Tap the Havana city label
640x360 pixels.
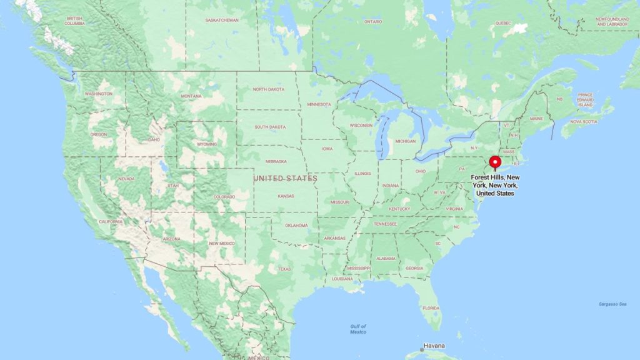pos(434,346)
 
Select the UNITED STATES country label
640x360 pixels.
pos(285,179)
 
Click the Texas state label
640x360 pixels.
pos(284,269)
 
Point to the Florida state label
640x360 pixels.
pos(430,307)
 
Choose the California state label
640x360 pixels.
pos(111,222)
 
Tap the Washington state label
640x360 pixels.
pos(99,94)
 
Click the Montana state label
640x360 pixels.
pos(191,96)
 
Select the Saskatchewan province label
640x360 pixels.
pos(222,20)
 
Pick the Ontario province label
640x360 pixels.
pos(373,21)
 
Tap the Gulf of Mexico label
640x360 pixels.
pos(358,329)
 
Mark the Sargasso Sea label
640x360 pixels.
pos(613,304)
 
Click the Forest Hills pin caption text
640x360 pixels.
pos(496,186)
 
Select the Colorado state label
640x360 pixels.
pos(224,197)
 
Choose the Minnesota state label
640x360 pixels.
pos(319,104)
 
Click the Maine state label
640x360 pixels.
pos(536,118)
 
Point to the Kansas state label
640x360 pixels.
pos(286,196)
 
